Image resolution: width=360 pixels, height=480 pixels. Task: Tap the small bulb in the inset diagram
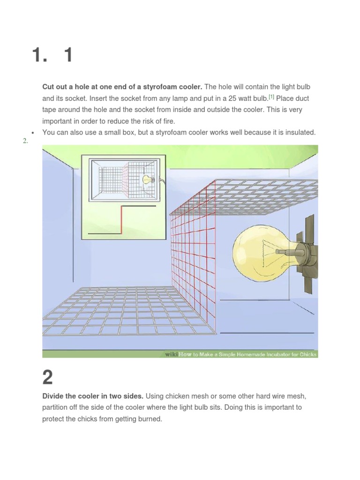(147, 179)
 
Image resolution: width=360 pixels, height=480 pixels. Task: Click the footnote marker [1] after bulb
(271, 97)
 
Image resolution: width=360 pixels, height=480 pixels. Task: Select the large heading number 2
(48, 377)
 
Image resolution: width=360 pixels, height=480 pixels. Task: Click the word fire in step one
(165, 121)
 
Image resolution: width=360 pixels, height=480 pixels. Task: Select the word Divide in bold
(53, 396)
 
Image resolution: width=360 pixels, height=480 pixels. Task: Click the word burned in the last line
(147, 419)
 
